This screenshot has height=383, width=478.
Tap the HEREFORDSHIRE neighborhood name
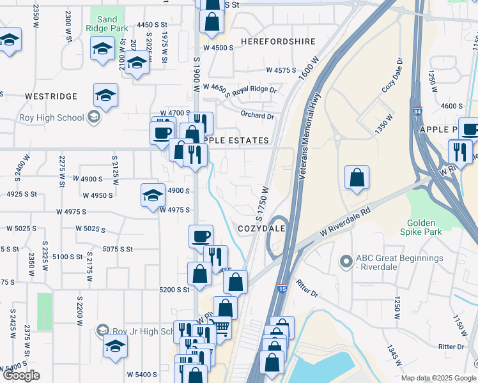(278, 41)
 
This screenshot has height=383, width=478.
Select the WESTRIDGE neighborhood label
(51, 96)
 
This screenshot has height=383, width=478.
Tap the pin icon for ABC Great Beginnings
(346, 262)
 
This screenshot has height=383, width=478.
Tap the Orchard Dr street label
(257, 116)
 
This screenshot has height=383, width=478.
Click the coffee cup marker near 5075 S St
(201, 236)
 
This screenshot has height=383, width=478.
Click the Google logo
(21, 375)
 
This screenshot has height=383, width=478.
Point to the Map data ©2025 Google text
(438, 378)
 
